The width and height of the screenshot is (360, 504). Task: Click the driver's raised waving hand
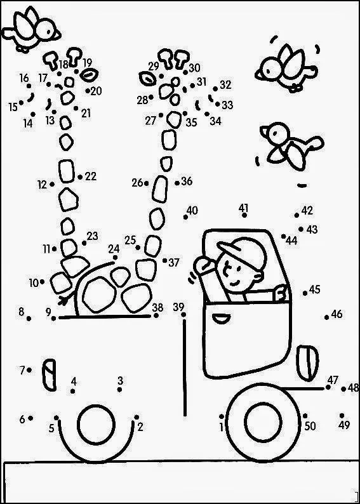[205, 265]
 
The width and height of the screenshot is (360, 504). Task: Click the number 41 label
[244, 208]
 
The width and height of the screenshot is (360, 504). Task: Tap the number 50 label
[310, 426]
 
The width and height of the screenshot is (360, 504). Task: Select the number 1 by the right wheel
[221, 427]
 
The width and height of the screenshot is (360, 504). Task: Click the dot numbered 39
[183, 315]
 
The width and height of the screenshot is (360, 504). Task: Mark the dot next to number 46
[326, 317]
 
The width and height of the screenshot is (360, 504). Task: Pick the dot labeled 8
[29, 319]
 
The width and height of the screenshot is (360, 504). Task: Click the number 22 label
[91, 176]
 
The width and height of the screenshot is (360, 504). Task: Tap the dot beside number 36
[177, 183]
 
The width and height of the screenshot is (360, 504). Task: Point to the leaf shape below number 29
[147, 78]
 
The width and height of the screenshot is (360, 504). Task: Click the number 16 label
[24, 78]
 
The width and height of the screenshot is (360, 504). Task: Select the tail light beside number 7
[49, 375]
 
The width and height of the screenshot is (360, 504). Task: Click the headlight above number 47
[307, 363]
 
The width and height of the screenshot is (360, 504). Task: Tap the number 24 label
[114, 249]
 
